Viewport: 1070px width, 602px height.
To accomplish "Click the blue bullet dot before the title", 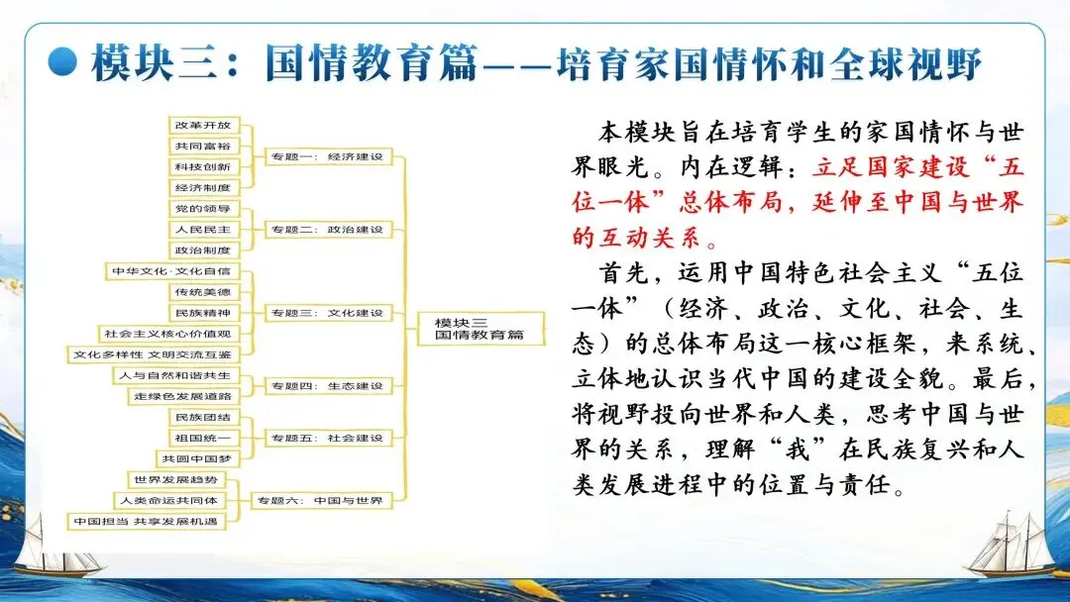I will coord(62,62).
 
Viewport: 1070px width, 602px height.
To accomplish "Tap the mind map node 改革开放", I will coord(203,126).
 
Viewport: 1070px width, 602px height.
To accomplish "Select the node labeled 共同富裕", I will coord(203,147).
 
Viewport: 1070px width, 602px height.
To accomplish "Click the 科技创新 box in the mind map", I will coord(203,166).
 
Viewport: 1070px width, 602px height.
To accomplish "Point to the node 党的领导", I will coord(203,209).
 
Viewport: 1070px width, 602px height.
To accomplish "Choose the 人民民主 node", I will coord(203,230).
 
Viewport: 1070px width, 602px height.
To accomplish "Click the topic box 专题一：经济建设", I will coord(325,156).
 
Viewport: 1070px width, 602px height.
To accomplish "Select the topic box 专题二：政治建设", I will coord(325,230).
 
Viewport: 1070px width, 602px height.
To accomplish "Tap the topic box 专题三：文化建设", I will coord(325,313).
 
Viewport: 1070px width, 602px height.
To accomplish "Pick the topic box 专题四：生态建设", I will coord(325,385).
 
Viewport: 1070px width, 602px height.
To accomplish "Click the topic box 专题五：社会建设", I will coord(325,438).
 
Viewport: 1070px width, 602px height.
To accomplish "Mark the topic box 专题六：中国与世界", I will coord(318,500).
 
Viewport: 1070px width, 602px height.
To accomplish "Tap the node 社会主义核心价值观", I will coord(166,334).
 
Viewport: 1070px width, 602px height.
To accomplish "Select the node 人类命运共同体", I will coord(170,500).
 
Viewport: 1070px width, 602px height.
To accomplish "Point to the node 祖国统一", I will coord(203,438).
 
